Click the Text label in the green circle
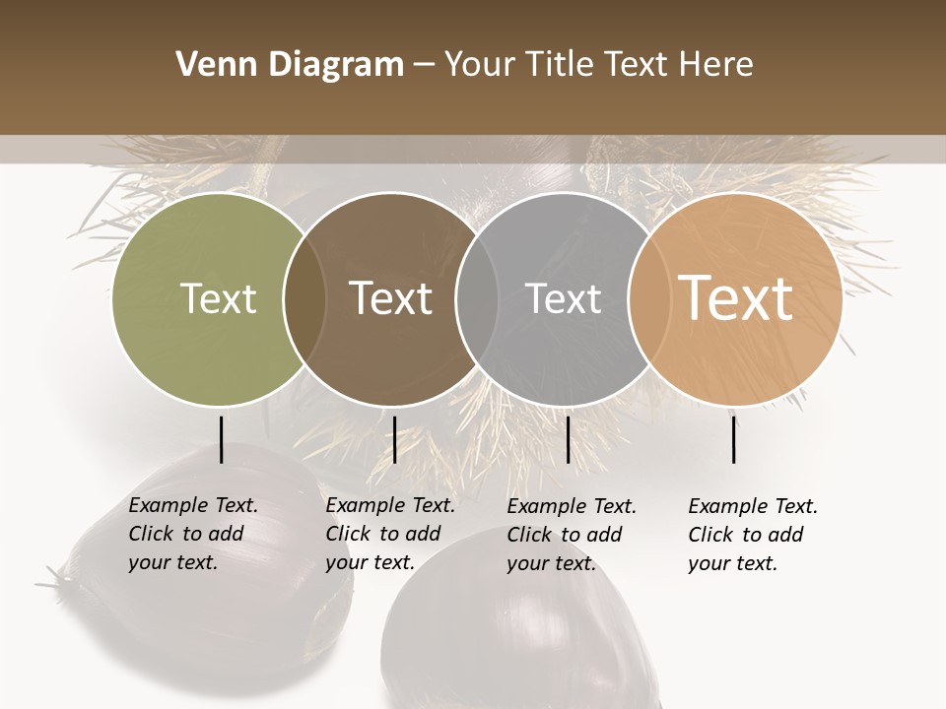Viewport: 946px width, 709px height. tap(218, 298)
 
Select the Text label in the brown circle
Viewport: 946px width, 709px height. tap(391, 298)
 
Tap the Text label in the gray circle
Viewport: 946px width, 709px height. tap(563, 298)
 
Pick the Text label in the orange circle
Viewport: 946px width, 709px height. tap(736, 298)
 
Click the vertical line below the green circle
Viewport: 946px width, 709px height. tap(221, 439)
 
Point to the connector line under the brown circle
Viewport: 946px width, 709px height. tap(394, 439)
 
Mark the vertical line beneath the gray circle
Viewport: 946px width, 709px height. tap(568, 439)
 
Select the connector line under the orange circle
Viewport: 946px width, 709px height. tap(734, 439)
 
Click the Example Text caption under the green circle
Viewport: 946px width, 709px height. tap(193, 534)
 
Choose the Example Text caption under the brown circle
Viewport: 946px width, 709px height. tap(390, 534)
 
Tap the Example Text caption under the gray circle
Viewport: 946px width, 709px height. tap(572, 535)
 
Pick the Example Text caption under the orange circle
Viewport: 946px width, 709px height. tap(753, 535)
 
